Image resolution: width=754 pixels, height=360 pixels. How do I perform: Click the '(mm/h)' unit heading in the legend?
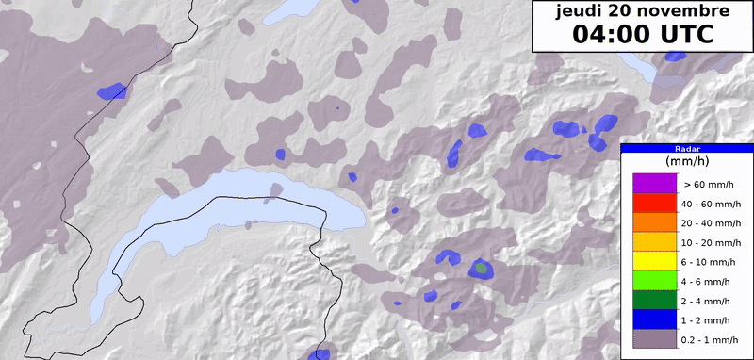[687, 162]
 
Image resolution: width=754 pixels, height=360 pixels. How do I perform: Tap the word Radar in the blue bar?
[687, 148]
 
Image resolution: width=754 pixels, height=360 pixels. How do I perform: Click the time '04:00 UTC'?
[642, 35]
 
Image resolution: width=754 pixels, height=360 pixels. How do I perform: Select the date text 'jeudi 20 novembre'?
[642, 12]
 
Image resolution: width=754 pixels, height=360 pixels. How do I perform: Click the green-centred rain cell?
[482, 269]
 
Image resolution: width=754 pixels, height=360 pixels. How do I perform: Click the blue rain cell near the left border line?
[112, 91]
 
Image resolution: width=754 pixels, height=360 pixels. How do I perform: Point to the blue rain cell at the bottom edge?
[320, 353]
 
